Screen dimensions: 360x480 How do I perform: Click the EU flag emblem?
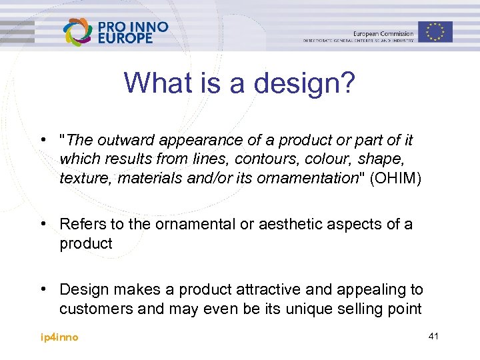pos(435,31)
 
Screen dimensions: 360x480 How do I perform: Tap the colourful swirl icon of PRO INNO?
pos(78,32)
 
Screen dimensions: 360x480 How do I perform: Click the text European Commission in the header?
pos(383,33)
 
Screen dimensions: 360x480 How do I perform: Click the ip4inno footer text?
pos(59,337)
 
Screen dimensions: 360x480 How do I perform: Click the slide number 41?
pos(433,337)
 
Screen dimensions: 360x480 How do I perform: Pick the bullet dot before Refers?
pos(43,225)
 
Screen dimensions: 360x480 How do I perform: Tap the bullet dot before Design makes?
pos(43,289)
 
